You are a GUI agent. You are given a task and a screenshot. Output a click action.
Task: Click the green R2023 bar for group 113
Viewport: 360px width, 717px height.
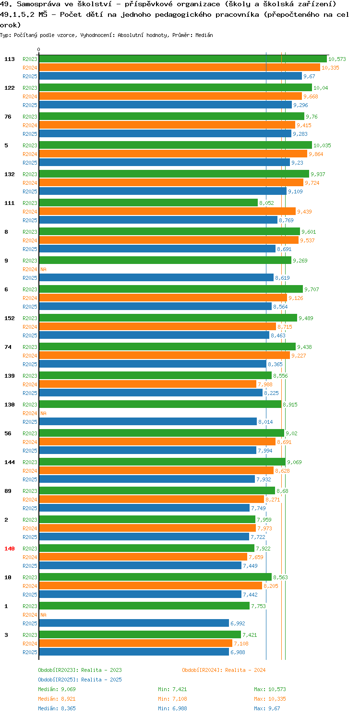tap(183, 59)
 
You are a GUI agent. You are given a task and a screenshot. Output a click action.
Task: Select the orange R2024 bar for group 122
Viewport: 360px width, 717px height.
tap(170, 96)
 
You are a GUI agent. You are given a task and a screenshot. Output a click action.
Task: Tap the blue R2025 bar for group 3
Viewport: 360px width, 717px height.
tap(134, 652)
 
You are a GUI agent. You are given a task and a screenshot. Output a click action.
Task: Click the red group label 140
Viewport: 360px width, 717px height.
tap(10, 549)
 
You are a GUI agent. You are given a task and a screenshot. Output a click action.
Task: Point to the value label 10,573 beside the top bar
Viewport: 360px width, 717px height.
tap(337, 59)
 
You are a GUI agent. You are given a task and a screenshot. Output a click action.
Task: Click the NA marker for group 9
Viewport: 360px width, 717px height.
tap(43, 269)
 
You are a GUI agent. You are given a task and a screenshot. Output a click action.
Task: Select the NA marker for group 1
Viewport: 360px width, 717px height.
tap(43, 615)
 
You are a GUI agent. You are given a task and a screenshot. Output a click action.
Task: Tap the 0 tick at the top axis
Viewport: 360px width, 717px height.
tap(39, 49)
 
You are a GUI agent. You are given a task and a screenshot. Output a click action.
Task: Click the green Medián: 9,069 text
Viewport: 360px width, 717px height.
tap(57, 689)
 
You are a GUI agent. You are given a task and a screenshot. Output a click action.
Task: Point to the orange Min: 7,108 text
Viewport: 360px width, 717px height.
tap(172, 699)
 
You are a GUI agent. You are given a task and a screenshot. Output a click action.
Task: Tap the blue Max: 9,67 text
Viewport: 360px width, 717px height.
tap(267, 708)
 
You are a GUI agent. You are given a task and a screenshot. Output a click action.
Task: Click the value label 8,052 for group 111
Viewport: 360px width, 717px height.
tap(266, 203)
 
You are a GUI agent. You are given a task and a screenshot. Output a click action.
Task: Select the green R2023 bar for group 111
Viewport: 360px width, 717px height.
tap(148, 203)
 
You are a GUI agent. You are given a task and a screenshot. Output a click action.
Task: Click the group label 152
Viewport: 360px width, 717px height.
tap(10, 318)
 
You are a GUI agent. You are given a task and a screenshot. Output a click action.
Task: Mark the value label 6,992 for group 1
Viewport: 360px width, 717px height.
tap(238, 623)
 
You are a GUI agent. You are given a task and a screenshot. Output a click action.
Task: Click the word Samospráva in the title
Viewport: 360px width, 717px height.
tap(38, 4)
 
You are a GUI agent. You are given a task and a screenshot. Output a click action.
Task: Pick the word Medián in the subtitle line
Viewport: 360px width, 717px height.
tap(204, 35)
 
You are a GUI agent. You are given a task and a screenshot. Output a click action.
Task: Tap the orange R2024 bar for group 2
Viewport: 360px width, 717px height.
tap(147, 528)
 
